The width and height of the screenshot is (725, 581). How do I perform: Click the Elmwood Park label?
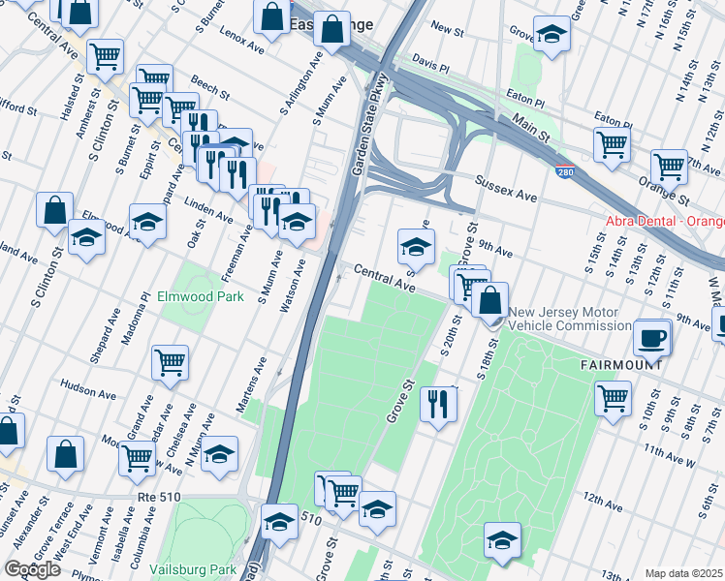[x=201, y=297]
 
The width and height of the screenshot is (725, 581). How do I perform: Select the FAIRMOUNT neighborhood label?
[x=620, y=365]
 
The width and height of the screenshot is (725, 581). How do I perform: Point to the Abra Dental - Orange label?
[x=664, y=221]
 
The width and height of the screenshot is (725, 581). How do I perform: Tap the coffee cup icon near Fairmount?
[x=652, y=338]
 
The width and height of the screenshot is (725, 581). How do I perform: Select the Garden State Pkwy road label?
[x=370, y=124]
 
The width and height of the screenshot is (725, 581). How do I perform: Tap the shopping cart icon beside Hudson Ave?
[x=171, y=363]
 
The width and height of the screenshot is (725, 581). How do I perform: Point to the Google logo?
[x=32, y=569]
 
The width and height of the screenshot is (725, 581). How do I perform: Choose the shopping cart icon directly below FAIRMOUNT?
[x=614, y=397]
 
